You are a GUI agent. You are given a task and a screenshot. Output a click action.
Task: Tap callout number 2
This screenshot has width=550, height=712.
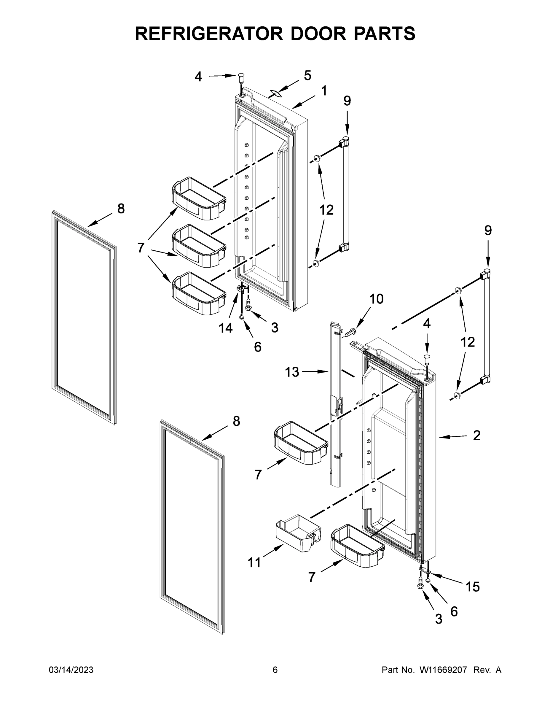(476, 436)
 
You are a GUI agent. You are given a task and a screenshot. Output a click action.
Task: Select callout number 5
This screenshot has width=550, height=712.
(307, 76)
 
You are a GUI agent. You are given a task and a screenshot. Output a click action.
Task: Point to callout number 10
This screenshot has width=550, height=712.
(376, 299)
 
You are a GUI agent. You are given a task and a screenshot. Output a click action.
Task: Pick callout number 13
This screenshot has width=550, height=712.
(292, 372)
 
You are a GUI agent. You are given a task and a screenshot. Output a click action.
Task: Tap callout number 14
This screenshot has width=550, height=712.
(225, 328)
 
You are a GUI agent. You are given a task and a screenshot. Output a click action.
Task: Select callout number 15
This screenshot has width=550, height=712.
(472, 587)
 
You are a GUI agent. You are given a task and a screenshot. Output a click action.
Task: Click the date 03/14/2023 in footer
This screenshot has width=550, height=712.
(71, 670)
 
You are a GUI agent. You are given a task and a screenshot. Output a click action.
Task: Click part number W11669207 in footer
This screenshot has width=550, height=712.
(443, 670)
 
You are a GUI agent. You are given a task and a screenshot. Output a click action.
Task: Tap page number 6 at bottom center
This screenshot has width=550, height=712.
(275, 670)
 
